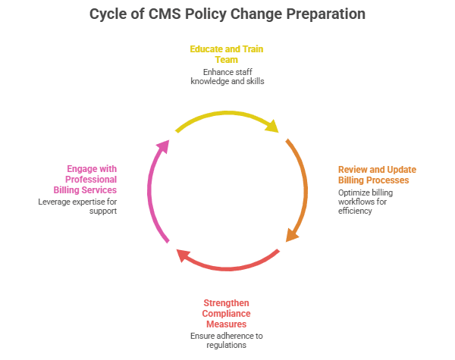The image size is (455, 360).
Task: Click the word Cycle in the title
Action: click(x=109, y=14)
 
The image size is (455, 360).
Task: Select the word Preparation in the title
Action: click(x=321, y=14)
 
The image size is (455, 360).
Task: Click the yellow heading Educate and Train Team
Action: click(x=227, y=55)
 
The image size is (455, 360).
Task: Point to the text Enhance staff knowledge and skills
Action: click(x=227, y=76)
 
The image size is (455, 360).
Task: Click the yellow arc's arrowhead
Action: click(x=273, y=127)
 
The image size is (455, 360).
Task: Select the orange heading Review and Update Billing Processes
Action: click(x=376, y=174)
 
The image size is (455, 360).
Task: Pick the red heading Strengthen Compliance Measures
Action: click(x=227, y=313)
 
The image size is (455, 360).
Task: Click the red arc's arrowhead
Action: click(x=182, y=255)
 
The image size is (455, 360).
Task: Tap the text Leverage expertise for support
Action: click(x=77, y=206)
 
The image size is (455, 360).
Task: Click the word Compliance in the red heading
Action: click(x=227, y=313)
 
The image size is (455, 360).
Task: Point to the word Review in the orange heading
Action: click(x=353, y=169)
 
